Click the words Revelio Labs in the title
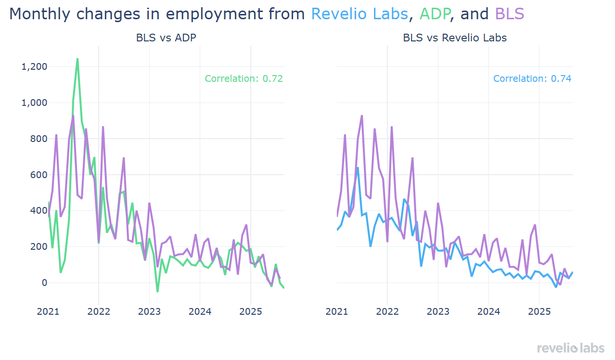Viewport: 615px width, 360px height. pyautogui.click(x=359, y=14)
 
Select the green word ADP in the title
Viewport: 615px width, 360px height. pyautogui.click(x=435, y=14)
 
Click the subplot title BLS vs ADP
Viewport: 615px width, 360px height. pyautogui.click(x=166, y=38)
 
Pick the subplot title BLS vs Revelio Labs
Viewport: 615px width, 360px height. pyautogui.click(x=455, y=38)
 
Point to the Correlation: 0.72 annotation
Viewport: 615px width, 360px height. pyautogui.click(x=243, y=78)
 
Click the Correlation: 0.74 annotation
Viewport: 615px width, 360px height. pyautogui.click(x=532, y=78)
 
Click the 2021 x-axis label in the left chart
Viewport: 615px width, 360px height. pyautogui.click(x=48, y=311)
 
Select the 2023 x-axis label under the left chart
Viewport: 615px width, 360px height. pyautogui.click(x=149, y=311)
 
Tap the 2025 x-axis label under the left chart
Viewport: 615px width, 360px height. pyautogui.click(x=250, y=311)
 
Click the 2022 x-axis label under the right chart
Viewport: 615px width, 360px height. pyautogui.click(x=387, y=311)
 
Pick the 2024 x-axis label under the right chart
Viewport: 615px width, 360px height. pyautogui.click(x=488, y=311)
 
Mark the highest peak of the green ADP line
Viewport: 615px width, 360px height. pyautogui.click(x=77, y=59)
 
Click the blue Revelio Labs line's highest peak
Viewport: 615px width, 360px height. pyautogui.click(x=358, y=167)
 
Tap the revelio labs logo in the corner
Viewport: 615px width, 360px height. pyautogui.click(x=570, y=348)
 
